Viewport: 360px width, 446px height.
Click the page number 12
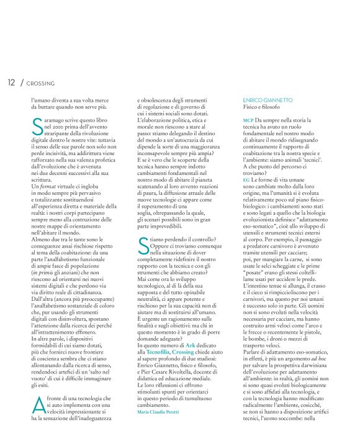11,82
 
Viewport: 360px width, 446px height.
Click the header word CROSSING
41,83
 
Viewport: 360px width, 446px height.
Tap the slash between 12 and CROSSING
21,82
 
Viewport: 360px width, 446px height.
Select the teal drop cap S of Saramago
36,127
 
